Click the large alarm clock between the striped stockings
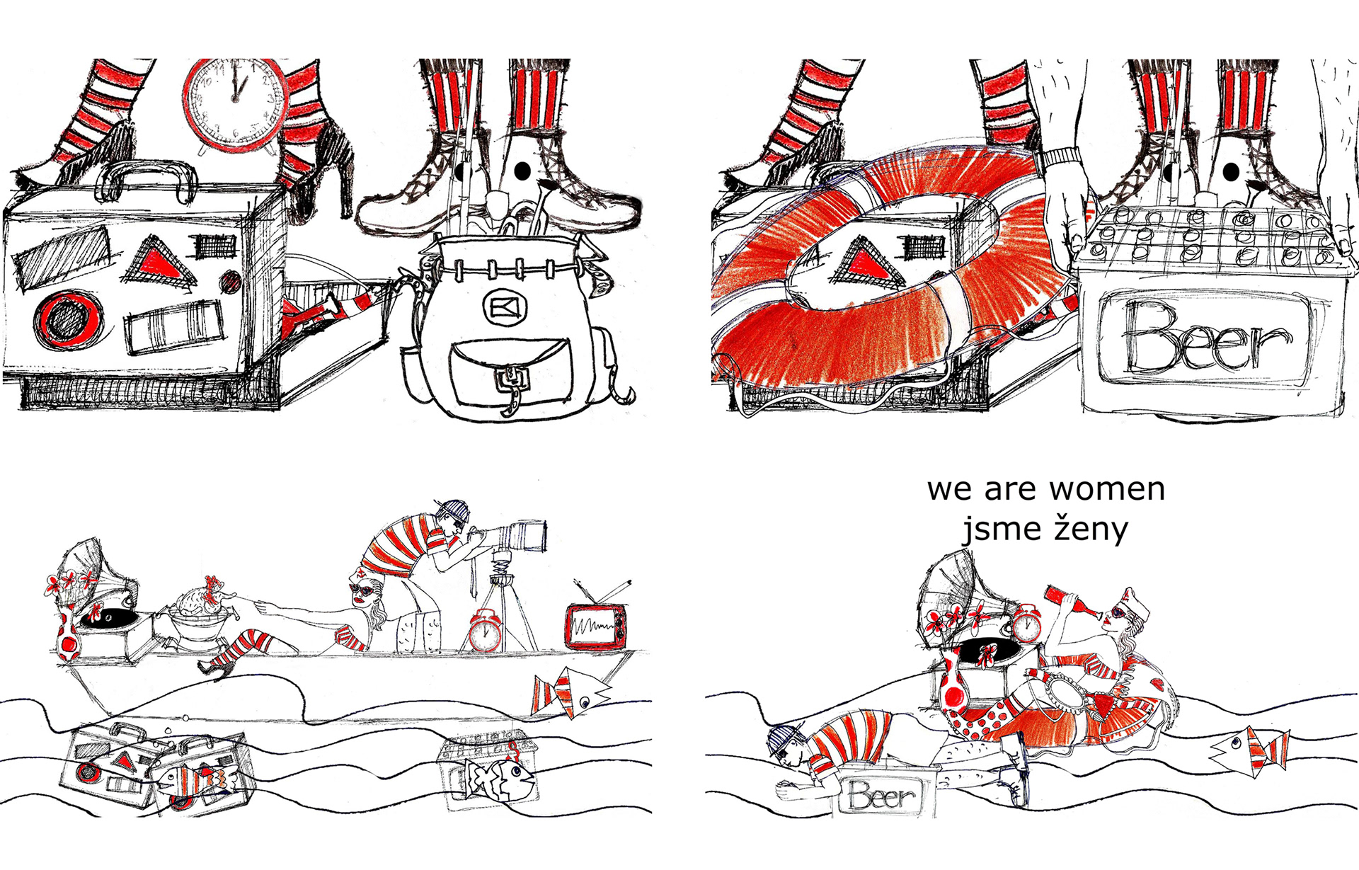(x=234, y=105)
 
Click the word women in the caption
(x=1107, y=488)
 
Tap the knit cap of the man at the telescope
(x=452, y=508)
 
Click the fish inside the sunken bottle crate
(x=500, y=779)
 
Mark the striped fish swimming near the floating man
(x=1249, y=748)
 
